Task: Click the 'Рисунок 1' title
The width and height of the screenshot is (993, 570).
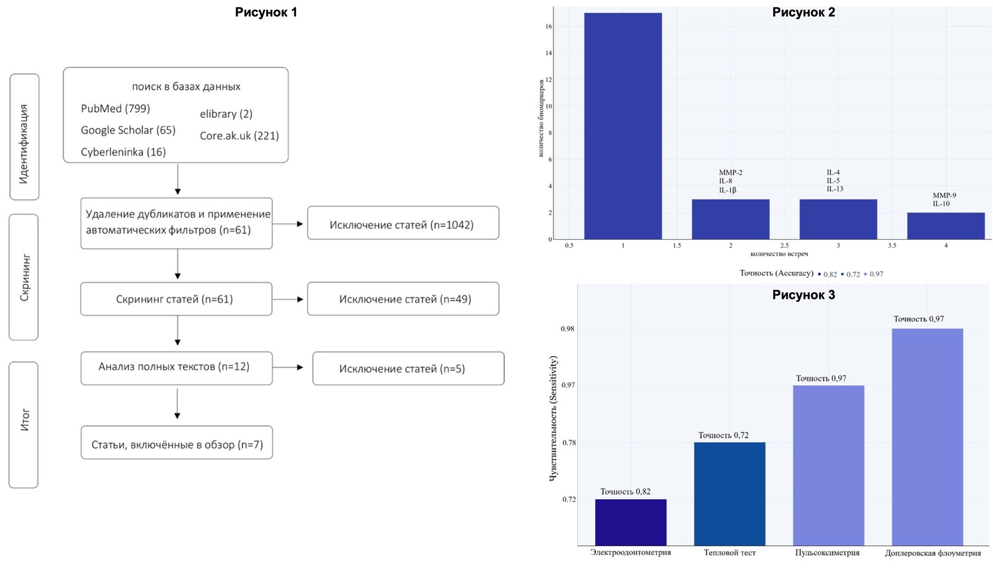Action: pos(266,13)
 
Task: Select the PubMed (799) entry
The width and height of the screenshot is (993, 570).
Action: pos(115,109)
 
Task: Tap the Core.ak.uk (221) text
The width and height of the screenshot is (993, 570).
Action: pos(239,136)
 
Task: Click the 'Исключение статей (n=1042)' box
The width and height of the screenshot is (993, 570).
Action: pos(402,224)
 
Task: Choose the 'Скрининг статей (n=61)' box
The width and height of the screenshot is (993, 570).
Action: pos(175,299)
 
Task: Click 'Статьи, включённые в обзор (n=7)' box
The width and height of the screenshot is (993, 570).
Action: pos(177,444)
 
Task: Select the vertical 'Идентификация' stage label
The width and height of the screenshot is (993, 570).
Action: pos(24,144)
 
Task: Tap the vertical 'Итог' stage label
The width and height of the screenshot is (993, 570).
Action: pos(24,421)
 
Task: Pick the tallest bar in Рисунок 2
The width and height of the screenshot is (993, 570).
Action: pos(622,126)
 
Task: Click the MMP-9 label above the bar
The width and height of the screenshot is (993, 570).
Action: pos(944,195)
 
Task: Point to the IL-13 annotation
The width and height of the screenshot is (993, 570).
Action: pos(835,189)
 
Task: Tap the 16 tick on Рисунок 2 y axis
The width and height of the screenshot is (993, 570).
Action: pos(549,26)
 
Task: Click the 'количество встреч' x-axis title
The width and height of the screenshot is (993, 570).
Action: pos(779,254)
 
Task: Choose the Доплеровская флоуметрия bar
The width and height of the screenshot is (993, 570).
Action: pos(927,437)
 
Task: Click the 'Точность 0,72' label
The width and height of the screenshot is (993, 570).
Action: pos(723,435)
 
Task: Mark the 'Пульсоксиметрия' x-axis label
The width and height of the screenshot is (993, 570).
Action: pos(827,553)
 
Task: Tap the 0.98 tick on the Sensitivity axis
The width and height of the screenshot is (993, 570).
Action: pos(567,329)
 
